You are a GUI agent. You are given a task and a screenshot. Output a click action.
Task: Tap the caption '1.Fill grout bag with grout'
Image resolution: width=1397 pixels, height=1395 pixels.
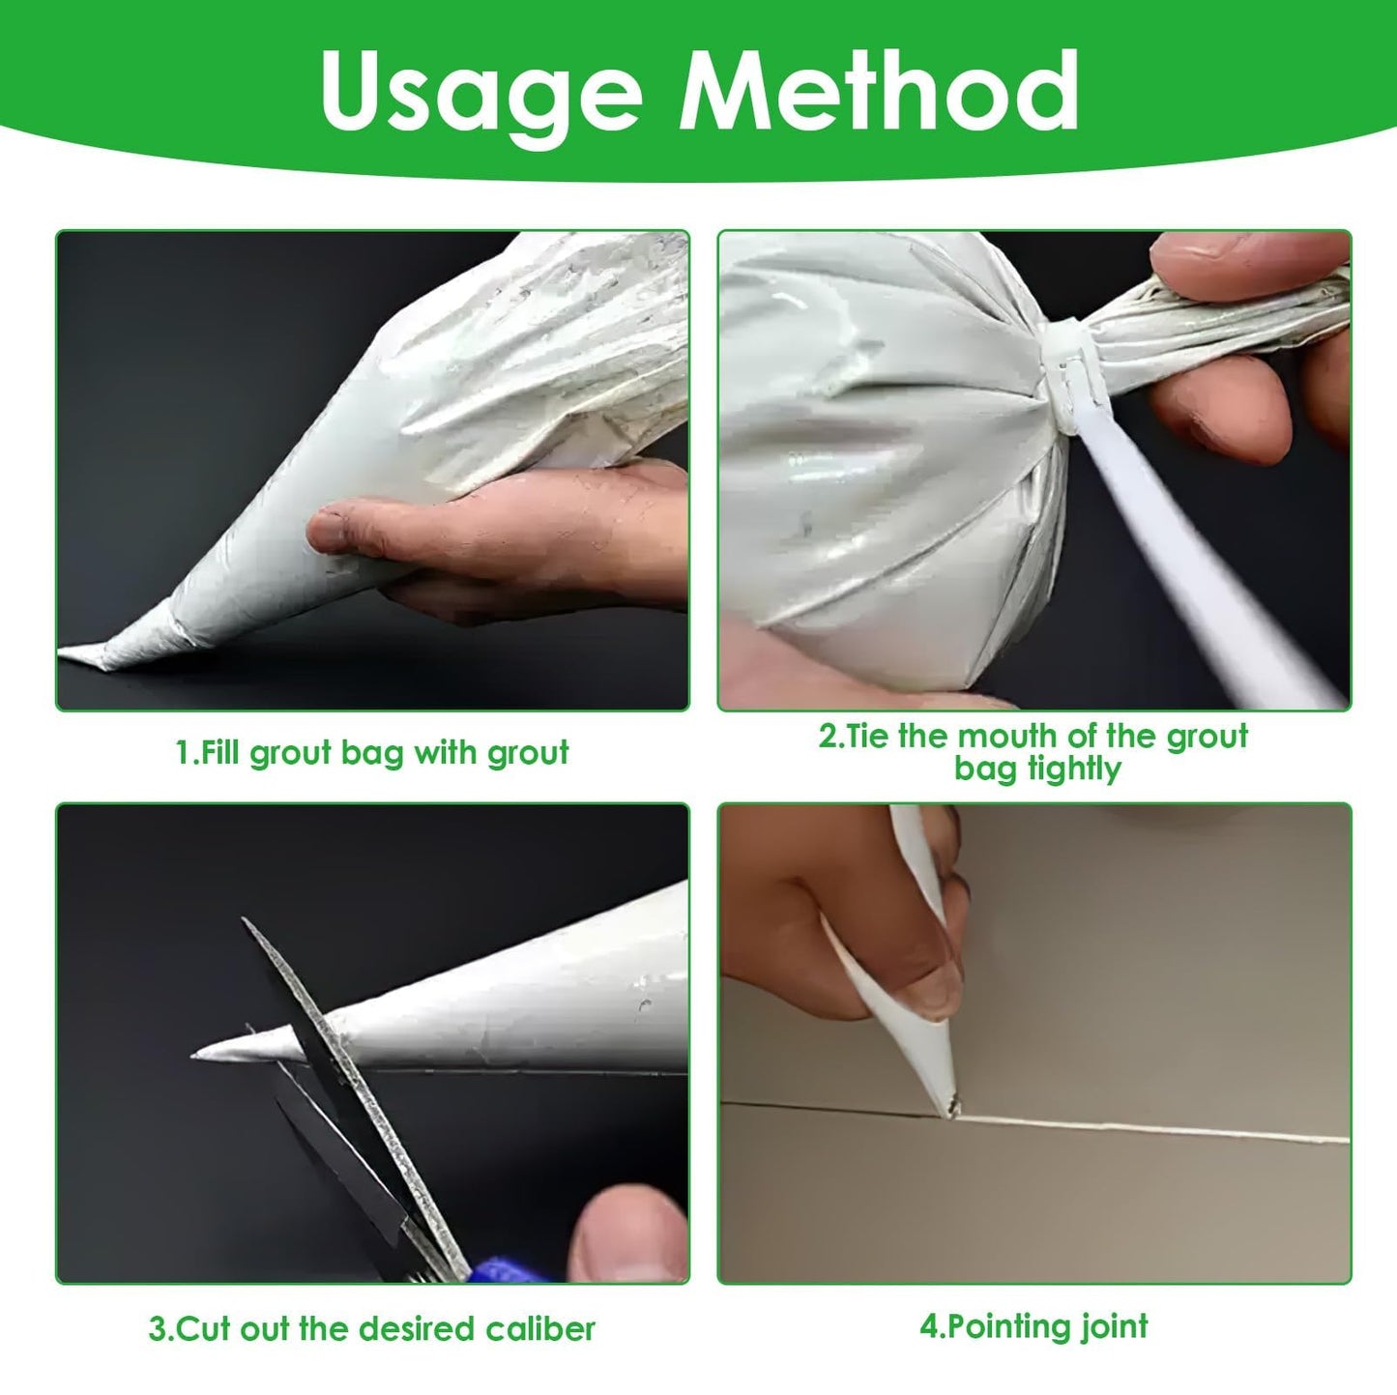point(372,753)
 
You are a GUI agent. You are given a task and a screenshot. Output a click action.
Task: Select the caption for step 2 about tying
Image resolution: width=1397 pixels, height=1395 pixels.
point(1033,752)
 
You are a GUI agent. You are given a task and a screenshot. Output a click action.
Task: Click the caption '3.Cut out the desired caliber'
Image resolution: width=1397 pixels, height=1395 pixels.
point(372,1328)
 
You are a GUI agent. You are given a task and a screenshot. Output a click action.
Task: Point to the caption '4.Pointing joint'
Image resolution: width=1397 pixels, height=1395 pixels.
point(1033,1325)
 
